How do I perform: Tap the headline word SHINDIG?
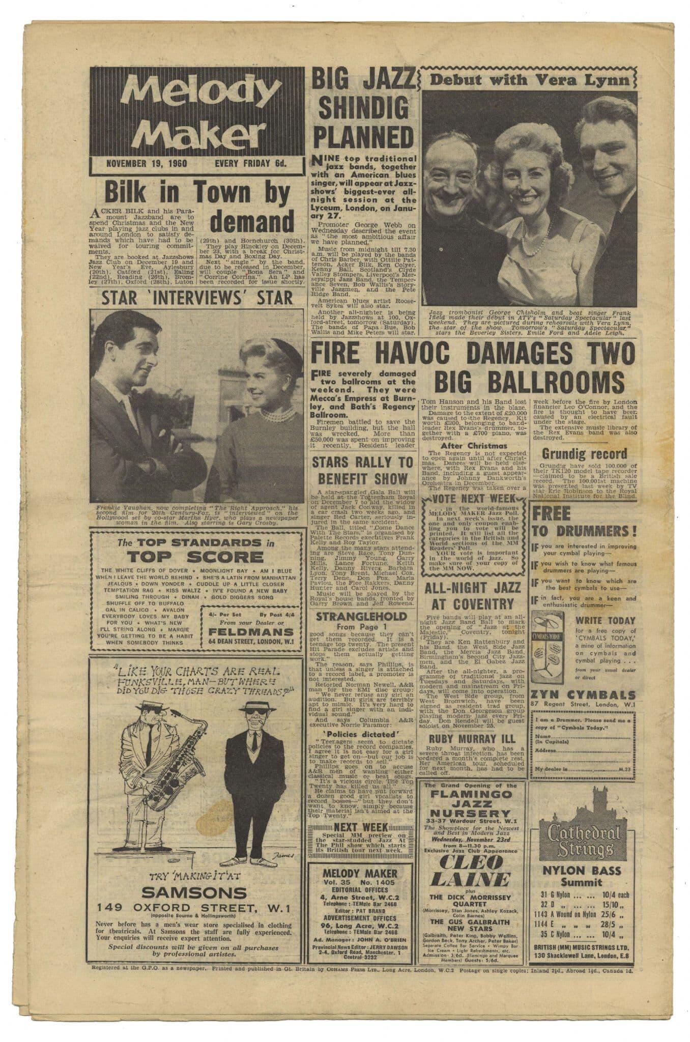362,108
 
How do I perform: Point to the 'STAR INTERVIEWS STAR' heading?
197,298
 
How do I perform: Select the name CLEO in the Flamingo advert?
470,861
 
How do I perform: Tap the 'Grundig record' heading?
584,453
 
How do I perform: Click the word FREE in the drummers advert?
551,513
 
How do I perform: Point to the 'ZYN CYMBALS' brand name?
583,694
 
